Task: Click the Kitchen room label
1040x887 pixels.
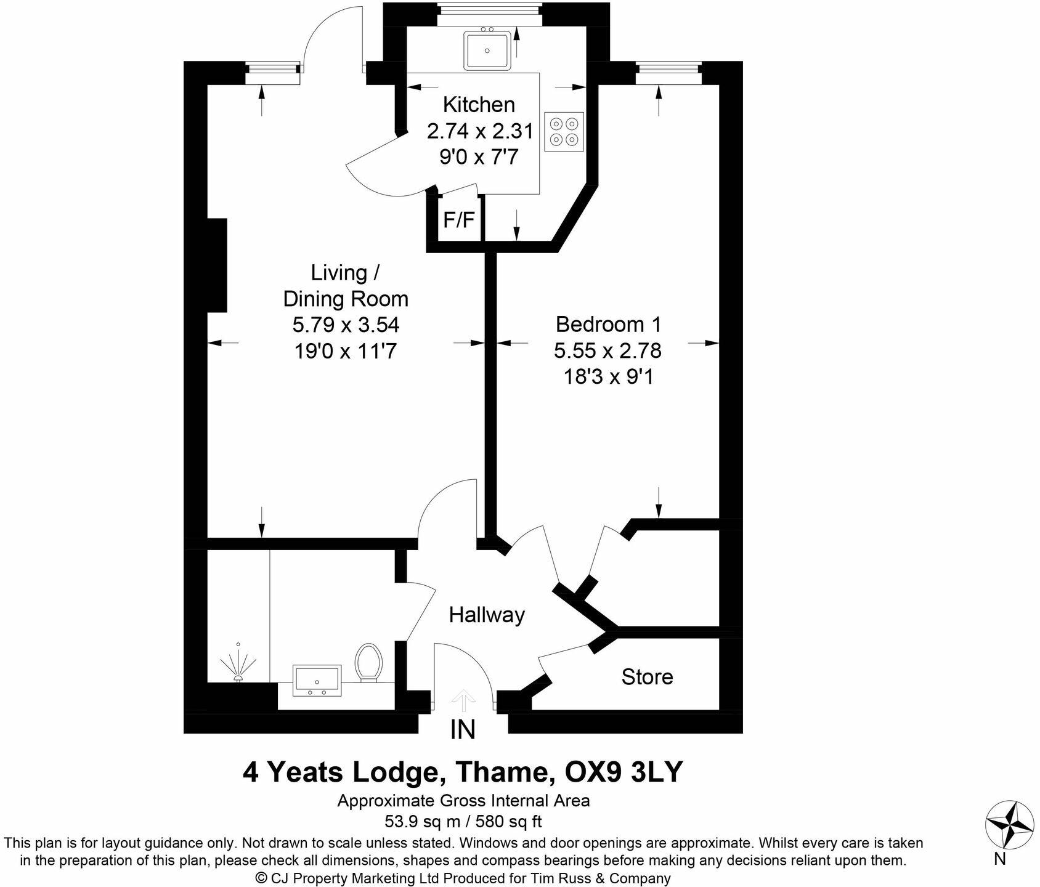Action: pyautogui.click(x=479, y=105)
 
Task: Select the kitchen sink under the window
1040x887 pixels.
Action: pyautogui.click(x=486, y=51)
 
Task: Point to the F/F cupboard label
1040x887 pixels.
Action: pyautogui.click(x=460, y=220)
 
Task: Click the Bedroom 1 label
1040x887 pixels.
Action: pyautogui.click(x=607, y=324)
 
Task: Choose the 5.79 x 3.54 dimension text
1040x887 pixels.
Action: pyautogui.click(x=346, y=325)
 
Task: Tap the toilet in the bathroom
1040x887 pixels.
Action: pyautogui.click(x=369, y=662)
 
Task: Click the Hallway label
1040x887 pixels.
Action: pyautogui.click(x=487, y=615)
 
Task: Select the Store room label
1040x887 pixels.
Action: pyautogui.click(x=647, y=677)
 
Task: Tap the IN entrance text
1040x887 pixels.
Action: pyautogui.click(x=463, y=730)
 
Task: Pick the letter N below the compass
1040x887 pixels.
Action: pyautogui.click(x=999, y=858)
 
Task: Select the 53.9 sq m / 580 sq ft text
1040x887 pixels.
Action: pyautogui.click(x=463, y=821)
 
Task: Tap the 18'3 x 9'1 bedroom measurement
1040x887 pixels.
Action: pyautogui.click(x=607, y=376)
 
